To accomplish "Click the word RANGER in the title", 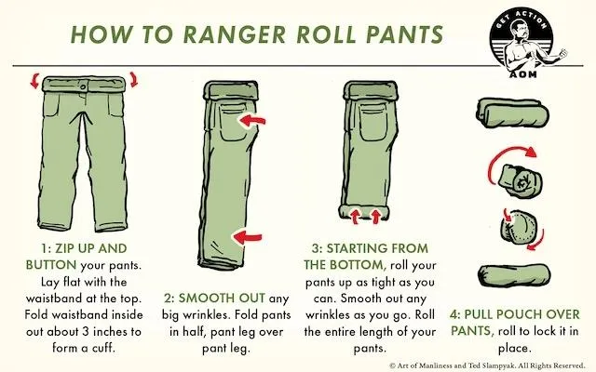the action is coord(235,34).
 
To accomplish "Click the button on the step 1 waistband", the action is coord(83,86).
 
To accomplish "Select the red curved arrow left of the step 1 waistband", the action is coord(35,80).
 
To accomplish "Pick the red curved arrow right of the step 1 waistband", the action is coord(133,79).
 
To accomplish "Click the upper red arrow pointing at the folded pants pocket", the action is coord(251,121).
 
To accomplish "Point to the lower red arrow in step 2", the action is coord(247,238).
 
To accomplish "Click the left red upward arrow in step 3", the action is coord(355,217).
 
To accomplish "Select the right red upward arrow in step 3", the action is coord(376,217).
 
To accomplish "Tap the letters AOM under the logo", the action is coord(523,74).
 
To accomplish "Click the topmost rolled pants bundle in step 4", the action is coord(512,113).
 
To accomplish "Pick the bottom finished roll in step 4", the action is coord(513,275).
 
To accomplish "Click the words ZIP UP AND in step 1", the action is coord(91,248).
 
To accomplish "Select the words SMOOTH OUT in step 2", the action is coord(222,298).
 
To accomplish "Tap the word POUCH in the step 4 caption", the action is coord(520,314).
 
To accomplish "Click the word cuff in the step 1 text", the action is coord(102,347).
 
